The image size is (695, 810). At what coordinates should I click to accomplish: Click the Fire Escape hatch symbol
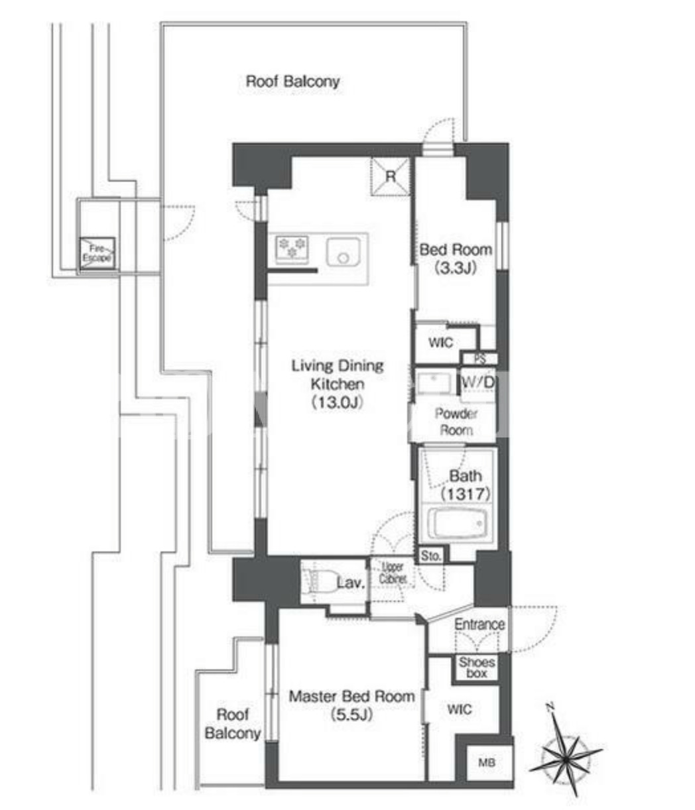pyautogui.click(x=97, y=254)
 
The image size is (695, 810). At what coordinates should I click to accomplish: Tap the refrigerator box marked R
pyautogui.click(x=390, y=176)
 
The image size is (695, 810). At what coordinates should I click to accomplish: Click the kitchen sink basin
pyautogui.click(x=343, y=253)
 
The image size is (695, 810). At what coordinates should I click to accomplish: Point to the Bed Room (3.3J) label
pyautogui.click(x=456, y=259)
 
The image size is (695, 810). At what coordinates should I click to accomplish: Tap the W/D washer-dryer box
pyautogui.click(x=478, y=385)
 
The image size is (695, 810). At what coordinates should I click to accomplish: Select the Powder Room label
pyautogui.click(x=456, y=422)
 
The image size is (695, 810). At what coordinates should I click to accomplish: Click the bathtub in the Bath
pyautogui.click(x=457, y=524)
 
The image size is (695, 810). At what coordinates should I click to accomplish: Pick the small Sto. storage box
pyautogui.click(x=431, y=556)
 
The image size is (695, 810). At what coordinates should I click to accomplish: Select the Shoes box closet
pyautogui.click(x=477, y=667)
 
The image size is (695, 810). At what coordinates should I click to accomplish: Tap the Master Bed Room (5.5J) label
pyautogui.click(x=351, y=705)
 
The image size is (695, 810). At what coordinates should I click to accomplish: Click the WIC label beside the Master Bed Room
pyautogui.click(x=460, y=709)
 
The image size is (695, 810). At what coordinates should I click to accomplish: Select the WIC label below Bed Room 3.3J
pyautogui.click(x=440, y=343)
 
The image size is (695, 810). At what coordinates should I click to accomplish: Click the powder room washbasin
pyautogui.click(x=433, y=383)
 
